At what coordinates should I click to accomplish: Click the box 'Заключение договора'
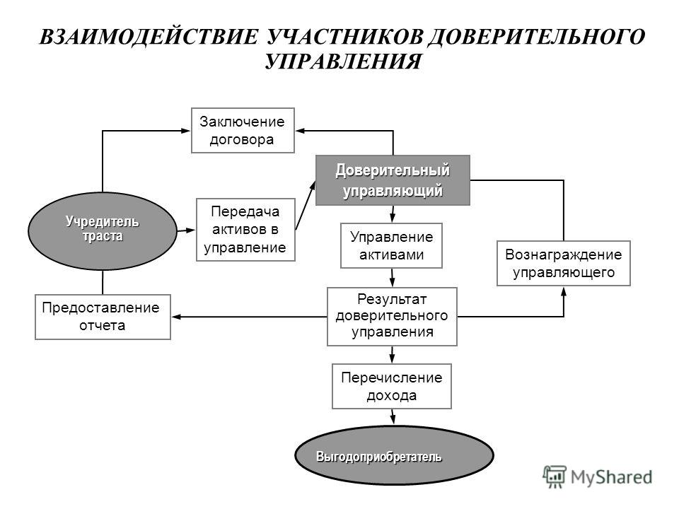pos(243,130)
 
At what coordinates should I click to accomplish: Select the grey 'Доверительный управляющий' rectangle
pos(393,180)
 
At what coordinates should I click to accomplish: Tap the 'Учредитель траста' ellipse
pos(103,230)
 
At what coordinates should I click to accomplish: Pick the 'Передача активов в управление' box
pos(245,229)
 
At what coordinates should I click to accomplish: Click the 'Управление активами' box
pos(391,245)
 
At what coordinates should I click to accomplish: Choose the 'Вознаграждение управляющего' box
pos(564,263)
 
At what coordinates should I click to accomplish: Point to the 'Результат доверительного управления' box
pos(392,317)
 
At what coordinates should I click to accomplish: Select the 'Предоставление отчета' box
pos(103,317)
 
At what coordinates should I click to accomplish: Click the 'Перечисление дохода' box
pos(391,386)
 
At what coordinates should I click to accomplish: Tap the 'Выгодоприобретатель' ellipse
pos(394,456)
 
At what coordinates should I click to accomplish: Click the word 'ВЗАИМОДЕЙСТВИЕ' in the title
pos(149,37)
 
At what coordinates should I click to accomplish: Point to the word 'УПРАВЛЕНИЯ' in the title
pos(343,62)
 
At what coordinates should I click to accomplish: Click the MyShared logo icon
pos(555,477)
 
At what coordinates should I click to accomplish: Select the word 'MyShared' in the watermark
pos(611,477)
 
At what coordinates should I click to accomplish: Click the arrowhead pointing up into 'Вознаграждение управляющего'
pos(564,292)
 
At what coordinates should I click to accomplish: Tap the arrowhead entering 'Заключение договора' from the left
pos(186,131)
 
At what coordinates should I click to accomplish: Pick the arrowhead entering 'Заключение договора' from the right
pos(301,131)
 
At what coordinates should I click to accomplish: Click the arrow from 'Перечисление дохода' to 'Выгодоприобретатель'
pos(393,417)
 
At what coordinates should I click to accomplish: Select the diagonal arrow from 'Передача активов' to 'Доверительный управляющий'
pos(306,205)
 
